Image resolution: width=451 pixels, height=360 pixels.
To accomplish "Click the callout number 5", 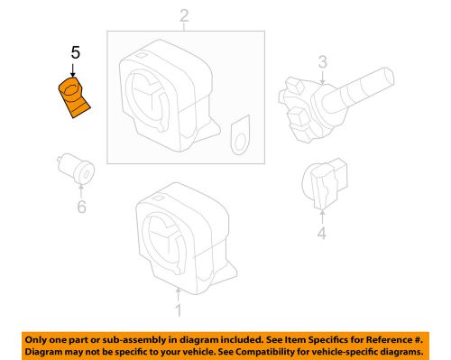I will tap(75, 53).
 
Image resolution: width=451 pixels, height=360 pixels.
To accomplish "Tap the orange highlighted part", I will tap(73, 97).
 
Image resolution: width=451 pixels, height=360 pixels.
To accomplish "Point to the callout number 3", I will tap(320, 62).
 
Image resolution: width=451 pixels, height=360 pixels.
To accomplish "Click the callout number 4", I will tap(321, 236).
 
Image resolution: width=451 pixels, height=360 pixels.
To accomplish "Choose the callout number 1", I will tap(178, 312).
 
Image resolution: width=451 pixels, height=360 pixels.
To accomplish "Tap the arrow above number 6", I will tap(78, 189).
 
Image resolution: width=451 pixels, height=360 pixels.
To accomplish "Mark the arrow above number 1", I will tap(178, 294).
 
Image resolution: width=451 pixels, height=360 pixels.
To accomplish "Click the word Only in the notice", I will tap(39, 337).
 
